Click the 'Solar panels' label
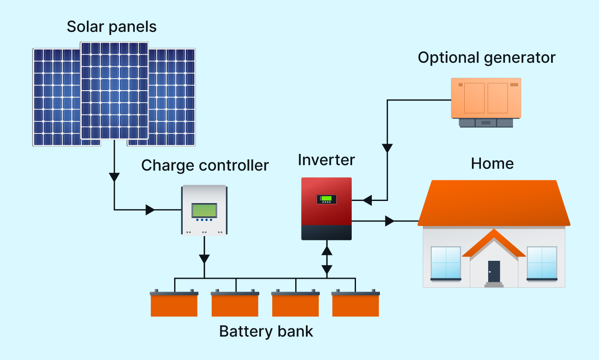coord(112,27)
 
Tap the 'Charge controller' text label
coord(205,165)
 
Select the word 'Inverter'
coord(326,160)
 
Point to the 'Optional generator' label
coord(486,57)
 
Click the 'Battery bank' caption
coord(266,331)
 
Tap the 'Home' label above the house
coord(492,163)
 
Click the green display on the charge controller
coord(204,210)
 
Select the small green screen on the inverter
coord(326,198)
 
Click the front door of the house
coord(494,271)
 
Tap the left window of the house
coord(446,262)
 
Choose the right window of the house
coord(542,262)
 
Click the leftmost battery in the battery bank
coord(174,304)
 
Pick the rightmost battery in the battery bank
coord(356,304)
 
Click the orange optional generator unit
coord(486,98)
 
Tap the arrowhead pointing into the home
coord(389,221)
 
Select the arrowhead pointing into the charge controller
coord(150,210)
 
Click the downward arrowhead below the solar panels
coord(114,177)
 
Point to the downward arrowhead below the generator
coord(387,148)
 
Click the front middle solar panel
coord(114,90)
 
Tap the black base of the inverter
coord(326,233)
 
